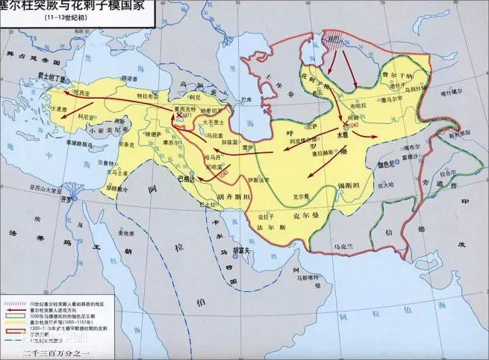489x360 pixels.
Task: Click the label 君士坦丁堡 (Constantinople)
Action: (x=51, y=75)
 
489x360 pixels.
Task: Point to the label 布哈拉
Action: (x=353, y=105)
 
